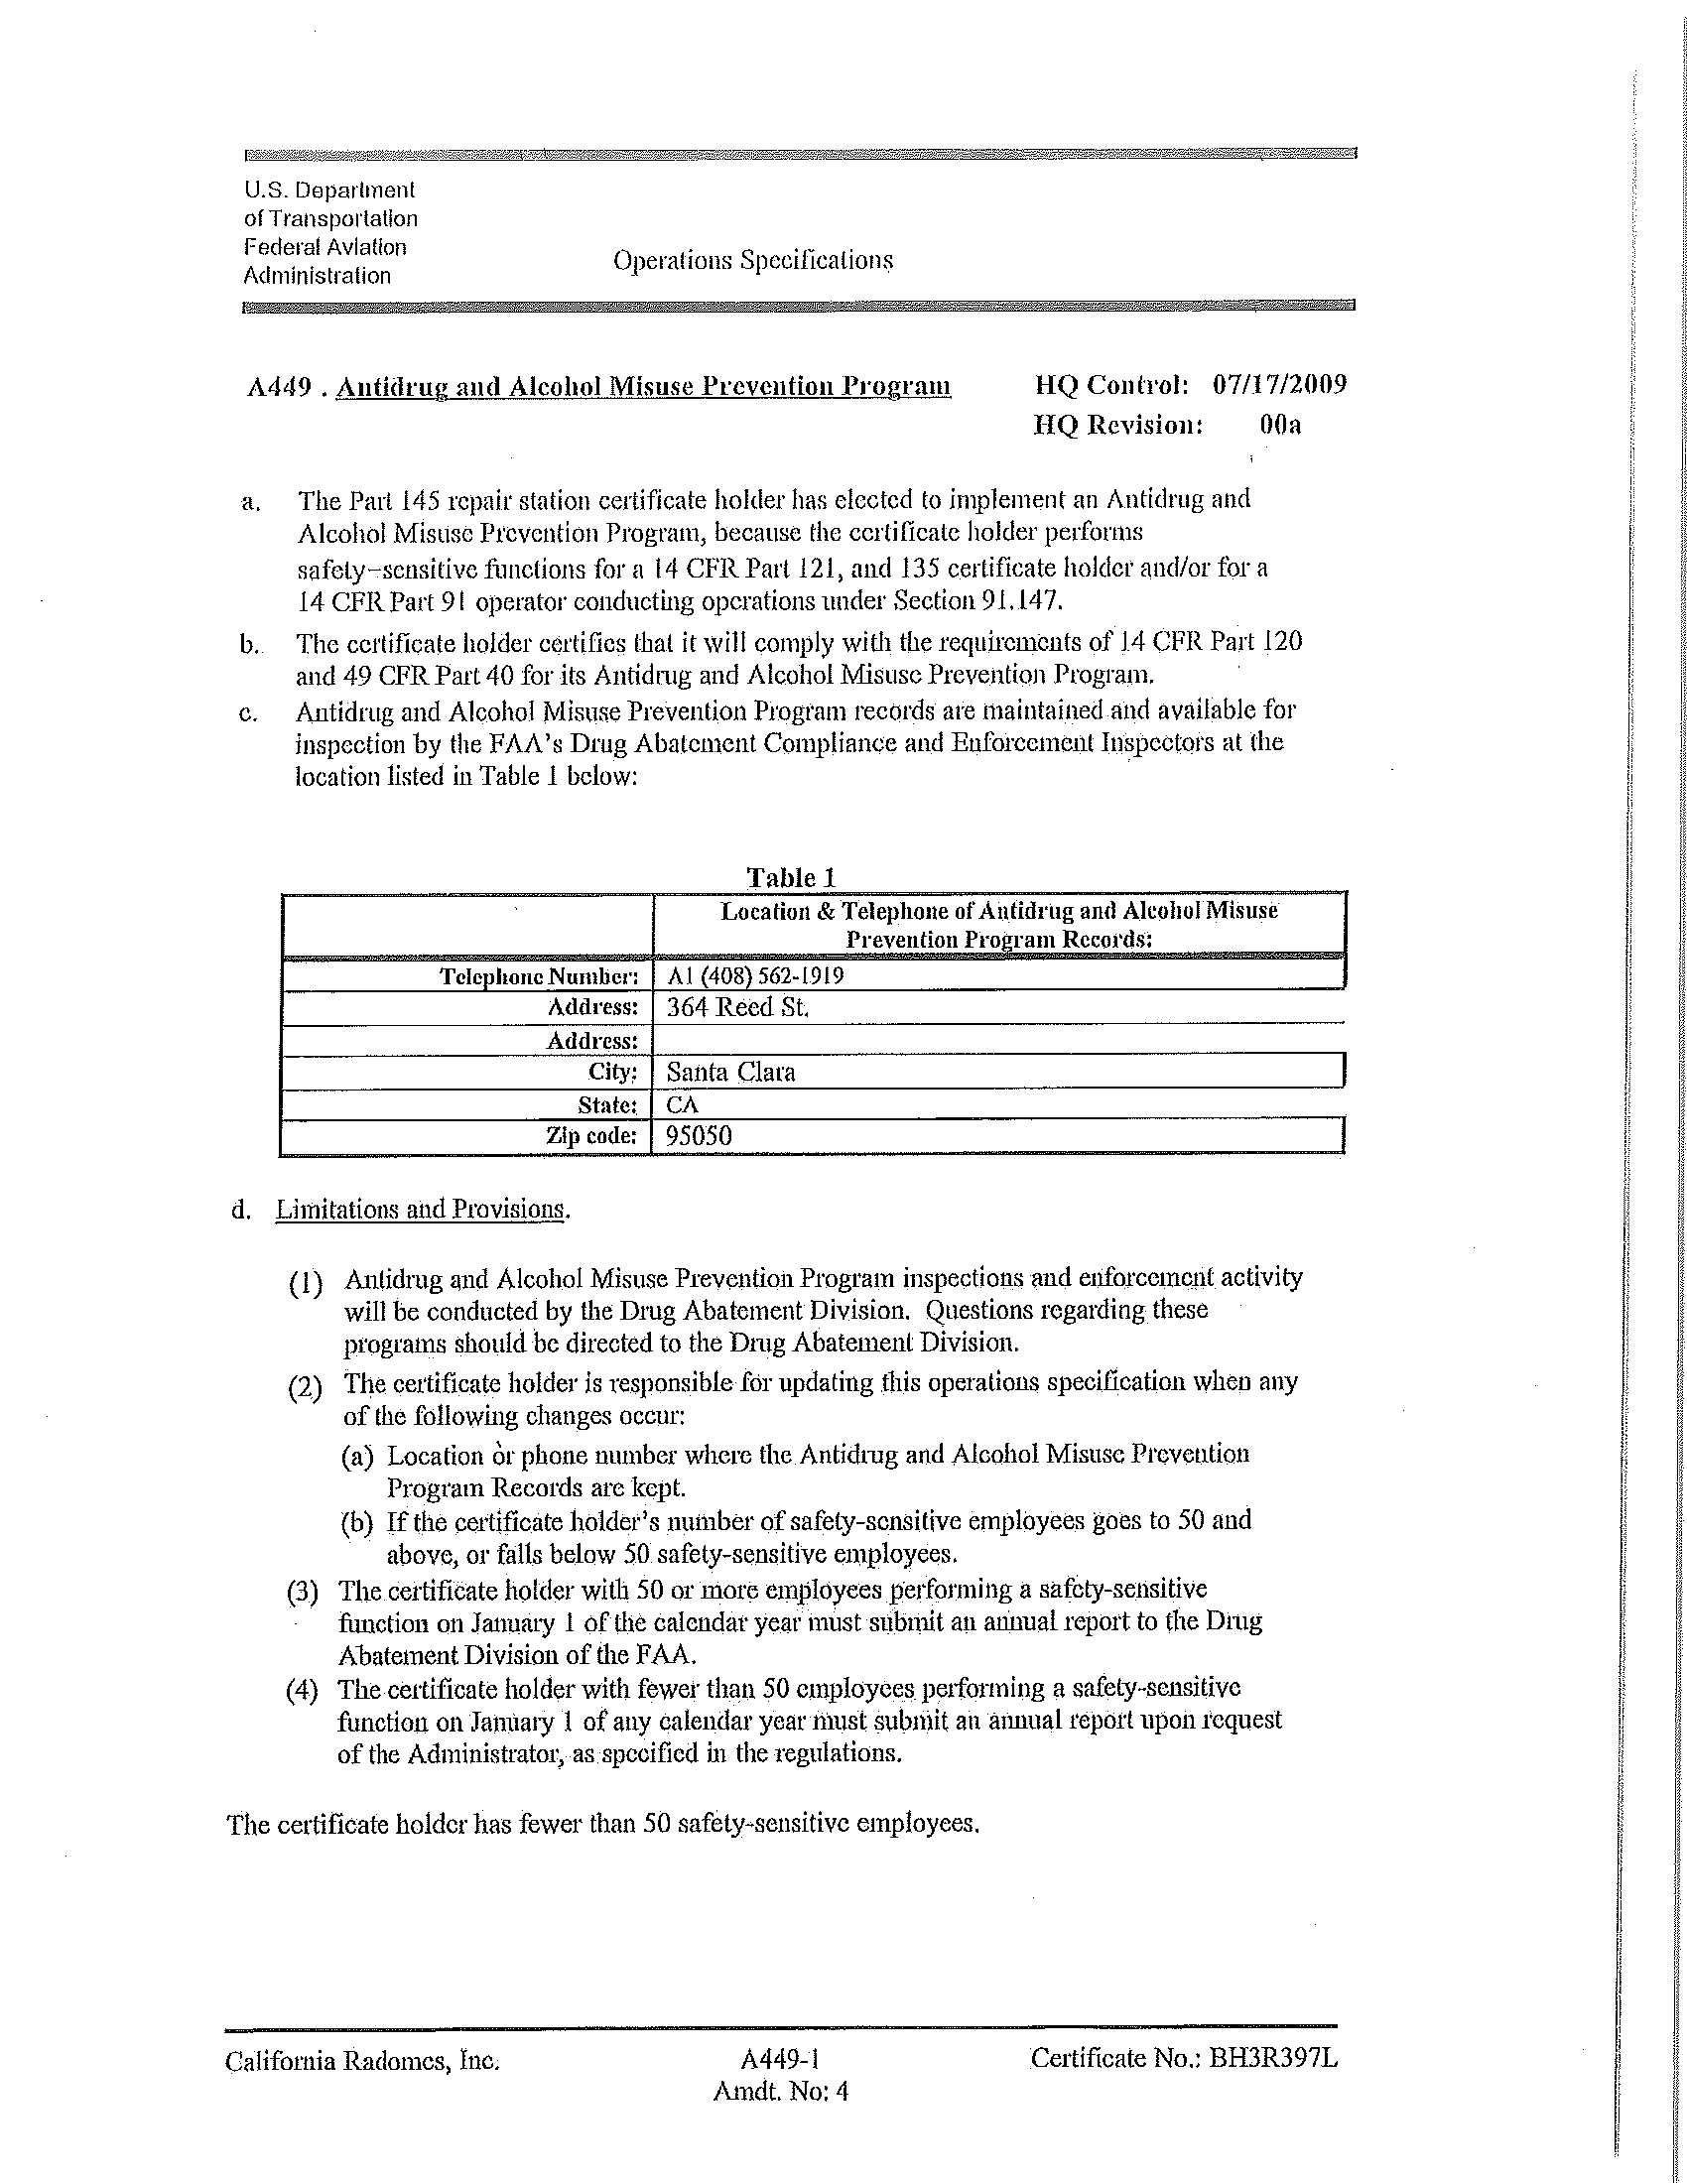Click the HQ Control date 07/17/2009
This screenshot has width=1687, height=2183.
coord(1279,385)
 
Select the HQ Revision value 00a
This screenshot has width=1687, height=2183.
coord(1280,426)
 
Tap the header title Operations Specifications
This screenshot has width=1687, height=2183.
coord(752,261)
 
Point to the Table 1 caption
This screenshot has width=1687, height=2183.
coord(791,877)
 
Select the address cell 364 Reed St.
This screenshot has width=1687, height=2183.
coord(737,1007)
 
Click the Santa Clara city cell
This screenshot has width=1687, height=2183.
coord(730,1073)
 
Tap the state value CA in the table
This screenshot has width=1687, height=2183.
coord(683,1105)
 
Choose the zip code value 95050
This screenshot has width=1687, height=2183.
coord(699,1136)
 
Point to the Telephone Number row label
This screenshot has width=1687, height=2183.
coord(539,976)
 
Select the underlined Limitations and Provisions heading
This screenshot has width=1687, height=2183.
coord(421,1210)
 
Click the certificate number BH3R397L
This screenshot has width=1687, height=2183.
coord(1272,2058)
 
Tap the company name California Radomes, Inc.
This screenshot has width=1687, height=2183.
coord(362,2061)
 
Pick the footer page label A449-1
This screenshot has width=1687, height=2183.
coord(781,2058)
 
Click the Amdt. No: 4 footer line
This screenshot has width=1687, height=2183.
coord(781,2091)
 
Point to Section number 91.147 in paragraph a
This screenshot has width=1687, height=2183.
coord(1024,601)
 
